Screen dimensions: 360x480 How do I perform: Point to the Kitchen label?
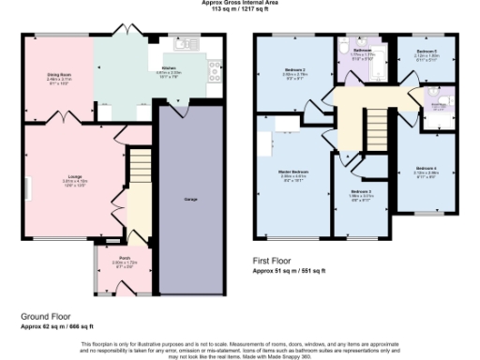click(x=170, y=69)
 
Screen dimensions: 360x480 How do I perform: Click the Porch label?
click(x=125, y=260)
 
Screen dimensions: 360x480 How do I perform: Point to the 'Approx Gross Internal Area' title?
click(x=239, y=3)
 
